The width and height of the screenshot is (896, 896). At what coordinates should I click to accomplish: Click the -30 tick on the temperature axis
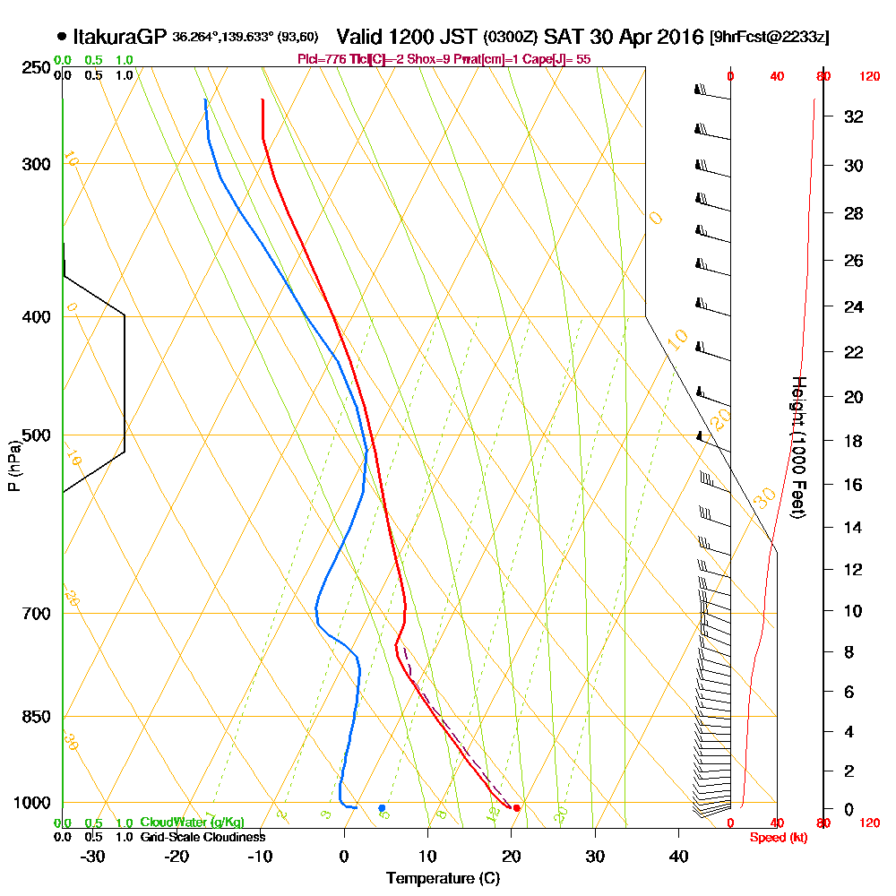pos(93,856)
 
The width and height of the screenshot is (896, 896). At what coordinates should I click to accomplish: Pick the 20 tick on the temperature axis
pos(511,856)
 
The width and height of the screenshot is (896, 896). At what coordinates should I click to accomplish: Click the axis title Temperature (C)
pos(443,878)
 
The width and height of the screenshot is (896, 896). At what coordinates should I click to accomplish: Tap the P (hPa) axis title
pos(13,465)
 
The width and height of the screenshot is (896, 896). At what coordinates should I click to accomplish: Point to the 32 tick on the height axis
pos(855,116)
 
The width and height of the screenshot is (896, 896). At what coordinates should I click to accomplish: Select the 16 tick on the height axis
pos(855,485)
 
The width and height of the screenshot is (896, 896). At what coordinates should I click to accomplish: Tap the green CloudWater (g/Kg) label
pos(192,823)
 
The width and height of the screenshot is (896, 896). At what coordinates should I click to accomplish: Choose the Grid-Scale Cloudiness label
pos(202,837)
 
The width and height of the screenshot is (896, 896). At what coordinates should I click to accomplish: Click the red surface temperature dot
pos(516,808)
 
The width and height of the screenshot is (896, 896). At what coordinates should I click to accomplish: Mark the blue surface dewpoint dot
pos(382,808)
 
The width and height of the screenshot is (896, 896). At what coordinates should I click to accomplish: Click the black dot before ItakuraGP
pos(61,37)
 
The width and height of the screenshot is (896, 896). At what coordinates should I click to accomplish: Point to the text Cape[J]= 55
pos(556,59)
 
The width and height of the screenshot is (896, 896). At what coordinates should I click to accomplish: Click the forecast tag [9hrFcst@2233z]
pos(769,38)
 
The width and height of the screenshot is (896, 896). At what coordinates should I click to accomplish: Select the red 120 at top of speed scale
pos(869,76)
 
